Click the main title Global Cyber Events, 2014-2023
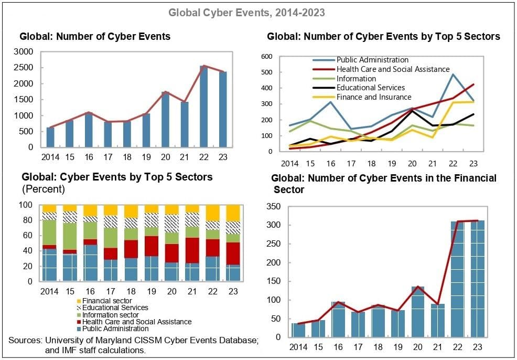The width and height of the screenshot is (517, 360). [x=246, y=12]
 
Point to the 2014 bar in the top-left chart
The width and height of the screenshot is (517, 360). [x=50, y=137]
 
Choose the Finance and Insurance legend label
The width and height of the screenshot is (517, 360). [x=374, y=97]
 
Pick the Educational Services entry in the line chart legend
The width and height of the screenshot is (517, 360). [x=371, y=88]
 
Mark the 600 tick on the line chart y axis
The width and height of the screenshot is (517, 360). [x=266, y=57]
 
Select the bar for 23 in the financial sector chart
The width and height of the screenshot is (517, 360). [x=478, y=279]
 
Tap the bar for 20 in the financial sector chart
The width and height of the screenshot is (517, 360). [x=418, y=312]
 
